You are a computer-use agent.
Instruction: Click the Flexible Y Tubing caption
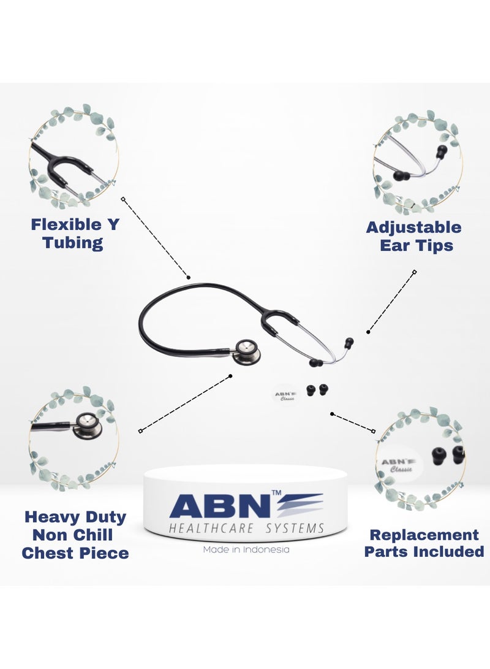pyautogui.click(x=75, y=233)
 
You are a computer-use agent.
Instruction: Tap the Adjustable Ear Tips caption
pyautogui.click(x=414, y=236)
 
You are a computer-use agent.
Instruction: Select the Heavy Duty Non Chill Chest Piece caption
pyautogui.click(x=75, y=535)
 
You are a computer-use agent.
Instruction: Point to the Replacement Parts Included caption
pyautogui.click(x=424, y=543)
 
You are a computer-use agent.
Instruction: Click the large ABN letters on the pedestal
pyautogui.click(x=219, y=506)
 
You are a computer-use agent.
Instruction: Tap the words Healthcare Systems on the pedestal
pyautogui.click(x=246, y=528)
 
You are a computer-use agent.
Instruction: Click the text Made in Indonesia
pyautogui.click(x=246, y=549)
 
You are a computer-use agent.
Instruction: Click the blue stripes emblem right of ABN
pyautogui.click(x=300, y=505)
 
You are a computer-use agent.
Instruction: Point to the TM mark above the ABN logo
pyautogui.click(x=277, y=493)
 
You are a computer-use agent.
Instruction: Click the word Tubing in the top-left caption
pyautogui.click(x=73, y=242)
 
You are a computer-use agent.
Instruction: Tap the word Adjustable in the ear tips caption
pyautogui.click(x=414, y=227)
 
